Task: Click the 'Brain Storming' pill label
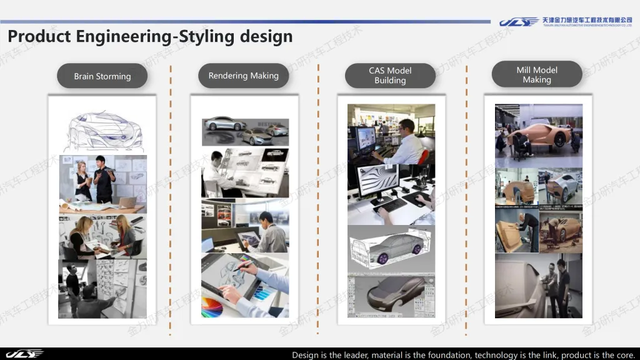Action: click(102, 76)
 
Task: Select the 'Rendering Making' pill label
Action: click(244, 76)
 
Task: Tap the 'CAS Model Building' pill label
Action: click(390, 76)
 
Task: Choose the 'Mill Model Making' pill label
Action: click(537, 75)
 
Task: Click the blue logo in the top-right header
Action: click(519, 22)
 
